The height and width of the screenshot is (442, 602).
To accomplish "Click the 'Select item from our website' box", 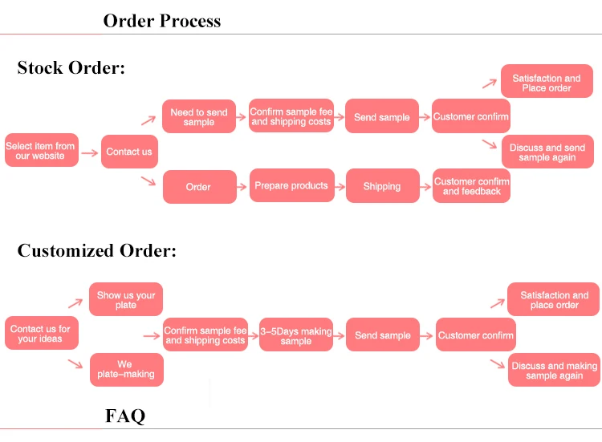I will point(42,151).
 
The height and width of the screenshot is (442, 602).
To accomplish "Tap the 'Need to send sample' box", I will point(199,117).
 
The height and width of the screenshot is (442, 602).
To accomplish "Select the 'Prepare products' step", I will point(291,186).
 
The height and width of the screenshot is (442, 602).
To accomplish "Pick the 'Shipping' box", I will point(382,186).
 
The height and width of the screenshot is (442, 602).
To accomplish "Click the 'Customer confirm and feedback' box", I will point(471,186).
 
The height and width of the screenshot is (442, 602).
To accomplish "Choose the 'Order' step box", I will point(199,187).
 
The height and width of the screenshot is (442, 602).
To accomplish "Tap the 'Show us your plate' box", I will point(126,300).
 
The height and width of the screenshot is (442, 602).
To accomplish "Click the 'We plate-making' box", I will point(126,369).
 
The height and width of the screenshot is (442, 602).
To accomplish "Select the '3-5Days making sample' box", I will point(295,335).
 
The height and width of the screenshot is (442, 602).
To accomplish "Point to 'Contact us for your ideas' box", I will point(40,334).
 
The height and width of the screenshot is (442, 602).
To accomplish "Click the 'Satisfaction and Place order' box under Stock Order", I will point(547,83).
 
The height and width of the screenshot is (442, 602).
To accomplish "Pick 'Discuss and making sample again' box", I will point(554,370).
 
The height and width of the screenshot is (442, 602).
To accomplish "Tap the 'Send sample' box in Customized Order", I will point(383,335).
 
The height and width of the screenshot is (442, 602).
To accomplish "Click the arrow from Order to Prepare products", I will point(242,186).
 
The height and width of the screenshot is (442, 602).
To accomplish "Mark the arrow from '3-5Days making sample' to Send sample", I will point(339,335).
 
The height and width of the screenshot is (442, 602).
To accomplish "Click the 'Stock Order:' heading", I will point(71,67).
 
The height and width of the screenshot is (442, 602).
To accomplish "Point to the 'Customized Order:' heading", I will point(96,250).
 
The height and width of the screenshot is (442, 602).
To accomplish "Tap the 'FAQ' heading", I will point(125,416).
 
